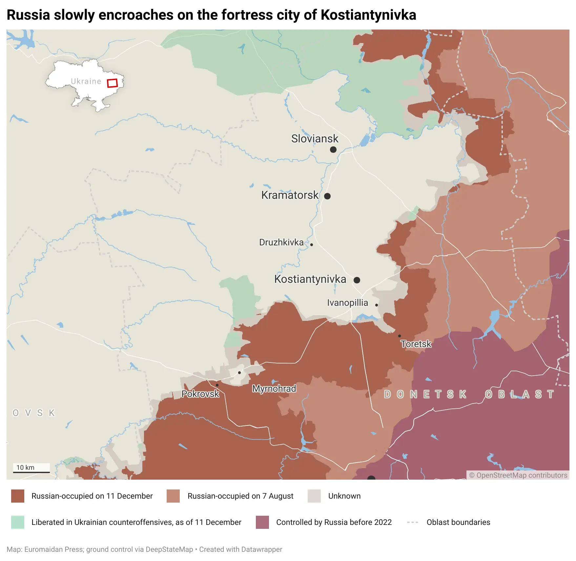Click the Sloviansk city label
[x=315, y=139]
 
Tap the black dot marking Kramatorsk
[x=327, y=196]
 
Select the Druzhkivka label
[x=281, y=242]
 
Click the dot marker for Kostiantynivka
[x=357, y=280]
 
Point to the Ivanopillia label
[x=347, y=303]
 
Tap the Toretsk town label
[x=416, y=344]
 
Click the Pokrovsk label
[x=200, y=394]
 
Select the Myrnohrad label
[x=274, y=389]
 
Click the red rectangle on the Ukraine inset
[x=112, y=83]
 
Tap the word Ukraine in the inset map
[x=86, y=81]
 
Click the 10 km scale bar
[x=31, y=472]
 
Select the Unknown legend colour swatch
[x=314, y=496]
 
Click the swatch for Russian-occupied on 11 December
[x=18, y=496]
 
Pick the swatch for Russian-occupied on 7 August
[x=173, y=496]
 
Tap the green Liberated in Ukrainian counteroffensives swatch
[x=18, y=522]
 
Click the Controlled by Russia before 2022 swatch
[x=262, y=522]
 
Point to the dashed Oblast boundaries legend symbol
[x=412, y=522]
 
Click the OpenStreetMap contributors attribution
[x=518, y=475]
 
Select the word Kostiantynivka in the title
[x=368, y=15]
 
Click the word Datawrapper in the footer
[x=261, y=550]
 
